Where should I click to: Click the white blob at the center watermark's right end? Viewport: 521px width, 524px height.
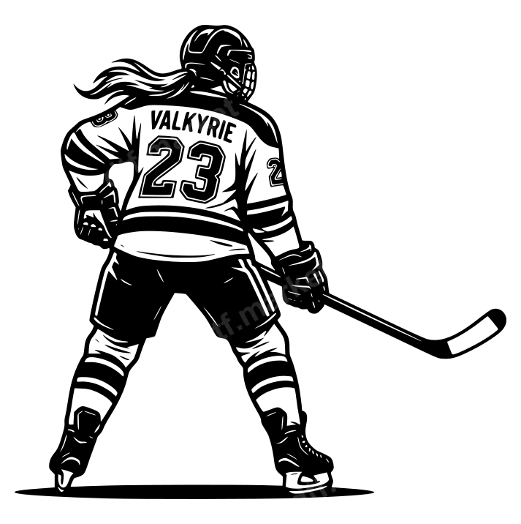331,274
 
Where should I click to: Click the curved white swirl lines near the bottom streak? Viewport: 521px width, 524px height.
311,485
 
